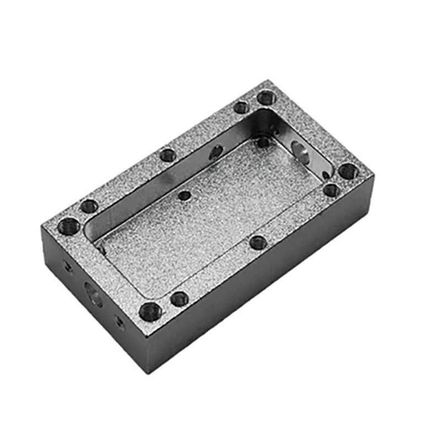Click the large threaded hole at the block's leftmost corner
[68, 225]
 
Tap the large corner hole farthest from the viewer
[266, 98]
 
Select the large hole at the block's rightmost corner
[348, 171]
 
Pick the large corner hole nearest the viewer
[150, 311]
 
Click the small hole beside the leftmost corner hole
[89, 207]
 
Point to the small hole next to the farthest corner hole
[241, 107]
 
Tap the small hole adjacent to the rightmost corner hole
[331, 191]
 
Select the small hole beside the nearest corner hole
[179, 299]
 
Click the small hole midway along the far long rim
[168, 155]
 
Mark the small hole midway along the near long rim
[257, 242]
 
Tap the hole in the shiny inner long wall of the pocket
[216, 152]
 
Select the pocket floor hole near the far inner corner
[263, 142]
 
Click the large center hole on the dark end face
[93, 294]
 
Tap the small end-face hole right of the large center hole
[119, 322]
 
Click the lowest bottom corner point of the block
[147, 373]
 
